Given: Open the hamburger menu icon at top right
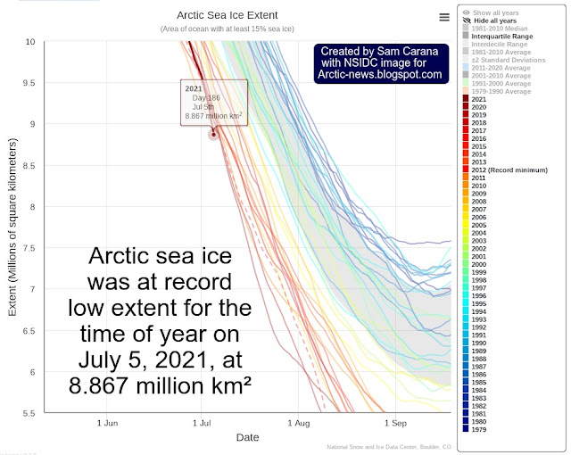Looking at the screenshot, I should tap(444, 17).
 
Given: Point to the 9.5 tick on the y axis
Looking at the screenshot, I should tap(31, 83).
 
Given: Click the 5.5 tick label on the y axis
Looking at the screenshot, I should tap(31, 412).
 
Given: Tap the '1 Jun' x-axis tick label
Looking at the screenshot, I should tap(107, 423).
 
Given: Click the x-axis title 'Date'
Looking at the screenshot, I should tap(248, 437).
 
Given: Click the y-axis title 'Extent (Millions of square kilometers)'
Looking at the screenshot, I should tap(12, 227).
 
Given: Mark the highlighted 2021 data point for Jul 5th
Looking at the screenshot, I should tap(213, 135).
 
